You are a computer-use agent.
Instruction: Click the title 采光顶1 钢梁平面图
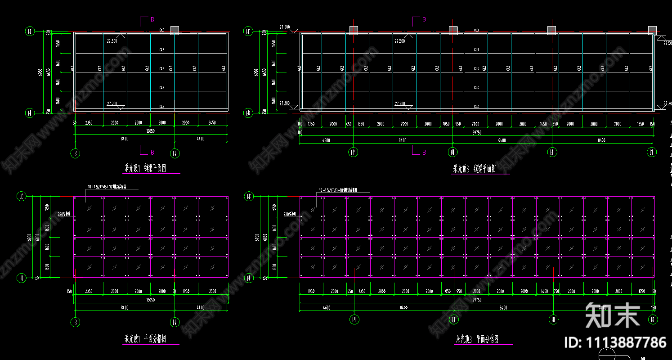click(x=152, y=169)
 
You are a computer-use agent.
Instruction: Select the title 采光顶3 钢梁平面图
click(x=474, y=169)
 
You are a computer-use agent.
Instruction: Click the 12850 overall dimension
click(x=150, y=131)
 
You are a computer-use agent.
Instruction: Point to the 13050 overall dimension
click(x=150, y=300)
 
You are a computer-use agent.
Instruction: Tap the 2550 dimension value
click(x=213, y=292)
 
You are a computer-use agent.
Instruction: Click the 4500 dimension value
click(x=326, y=140)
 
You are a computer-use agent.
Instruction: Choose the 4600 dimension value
click(x=326, y=308)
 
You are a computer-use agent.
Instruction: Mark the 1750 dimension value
click(x=311, y=124)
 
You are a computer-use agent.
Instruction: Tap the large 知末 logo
click(x=612, y=315)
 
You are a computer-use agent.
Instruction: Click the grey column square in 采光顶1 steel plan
click(x=175, y=30)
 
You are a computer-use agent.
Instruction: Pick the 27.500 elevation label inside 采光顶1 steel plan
click(x=112, y=41)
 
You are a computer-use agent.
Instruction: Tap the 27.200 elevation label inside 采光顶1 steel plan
click(x=112, y=103)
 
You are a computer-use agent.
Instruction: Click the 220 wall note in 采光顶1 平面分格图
click(x=64, y=214)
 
